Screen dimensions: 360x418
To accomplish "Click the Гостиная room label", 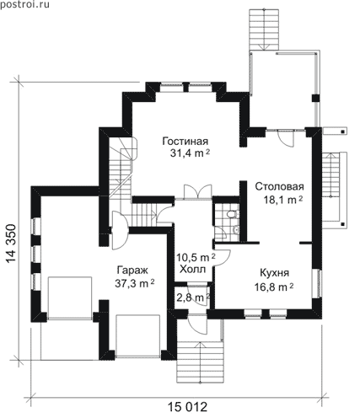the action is click(x=185, y=141).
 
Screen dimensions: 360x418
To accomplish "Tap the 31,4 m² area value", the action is click(x=190, y=153).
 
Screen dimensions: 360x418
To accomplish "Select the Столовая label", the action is click(x=280, y=186).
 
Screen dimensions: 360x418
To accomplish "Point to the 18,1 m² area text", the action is click(x=282, y=200).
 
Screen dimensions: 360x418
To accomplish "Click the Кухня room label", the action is click(x=275, y=273).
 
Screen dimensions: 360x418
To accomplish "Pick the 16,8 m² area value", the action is click(x=274, y=287).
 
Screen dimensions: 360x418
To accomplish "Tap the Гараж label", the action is click(x=132, y=271).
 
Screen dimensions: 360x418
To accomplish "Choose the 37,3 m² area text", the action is click(x=135, y=283).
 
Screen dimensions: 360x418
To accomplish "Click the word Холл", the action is click(x=193, y=270).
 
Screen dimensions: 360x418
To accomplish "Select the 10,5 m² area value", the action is click(x=196, y=257).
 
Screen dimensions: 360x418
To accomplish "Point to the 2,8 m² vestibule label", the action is click(x=193, y=297).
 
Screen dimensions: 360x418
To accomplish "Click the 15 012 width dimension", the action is click(x=187, y=407).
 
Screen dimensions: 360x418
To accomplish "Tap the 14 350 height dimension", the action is click(x=11, y=244).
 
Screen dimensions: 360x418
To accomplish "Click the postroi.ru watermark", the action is click(x=24, y=4).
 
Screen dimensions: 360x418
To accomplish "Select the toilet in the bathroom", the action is click(x=233, y=215).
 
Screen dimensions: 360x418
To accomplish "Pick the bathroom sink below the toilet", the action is click(x=235, y=230).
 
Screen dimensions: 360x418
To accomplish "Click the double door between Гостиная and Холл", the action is click(x=198, y=191).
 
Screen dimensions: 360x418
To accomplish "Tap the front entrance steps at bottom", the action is click(x=201, y=362).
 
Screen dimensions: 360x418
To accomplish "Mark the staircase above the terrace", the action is click(x=264, y=29).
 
